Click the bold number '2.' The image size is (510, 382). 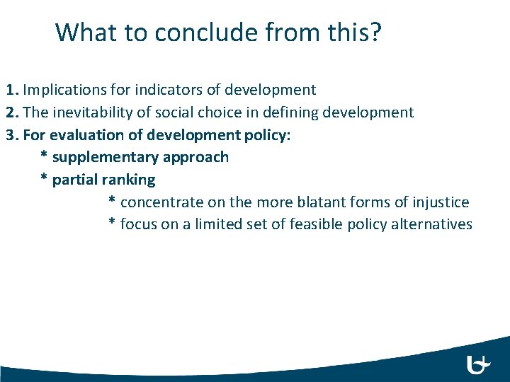pos(13,112)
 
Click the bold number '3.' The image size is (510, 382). pos(13,134)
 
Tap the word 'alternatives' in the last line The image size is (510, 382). pos(432,224)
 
